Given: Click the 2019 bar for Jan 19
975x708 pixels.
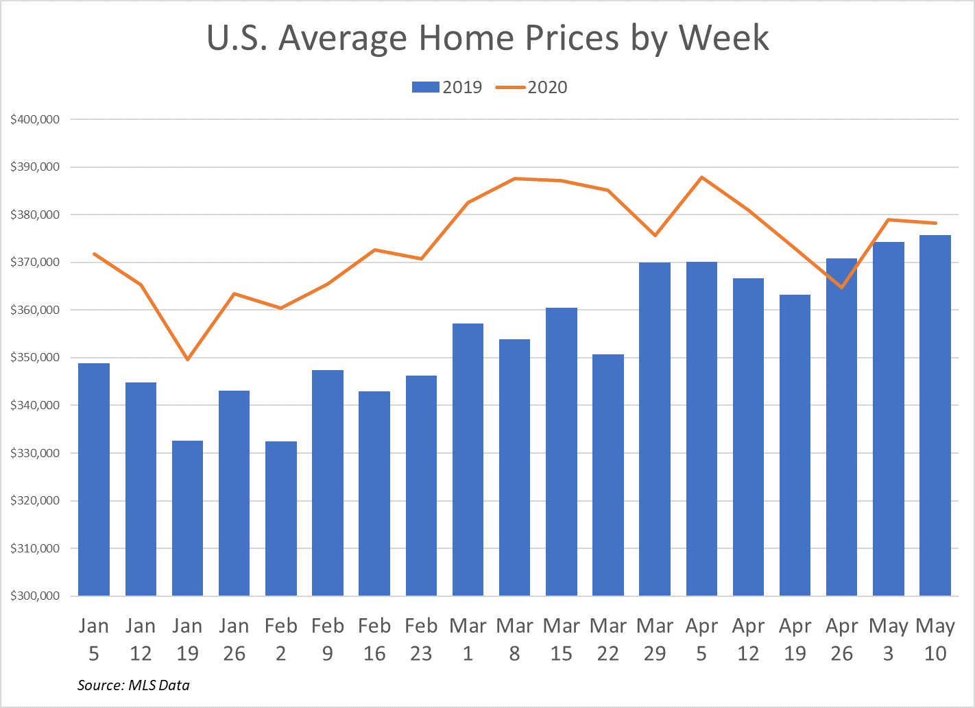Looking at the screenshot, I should tap(187, 518).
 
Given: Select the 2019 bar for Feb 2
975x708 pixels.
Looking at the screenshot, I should tap(281, 518).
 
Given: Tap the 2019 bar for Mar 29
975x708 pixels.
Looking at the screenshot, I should tap(655, 429).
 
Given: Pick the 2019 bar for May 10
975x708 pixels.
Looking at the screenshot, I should tap(935, 415).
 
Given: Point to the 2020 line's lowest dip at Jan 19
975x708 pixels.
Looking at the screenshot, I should tap(187, 359).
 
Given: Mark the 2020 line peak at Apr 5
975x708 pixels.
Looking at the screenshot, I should tap(702, 178).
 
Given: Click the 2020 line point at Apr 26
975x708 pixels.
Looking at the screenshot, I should tap(841, 287).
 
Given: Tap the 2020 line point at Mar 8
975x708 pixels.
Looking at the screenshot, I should tap(515, 179).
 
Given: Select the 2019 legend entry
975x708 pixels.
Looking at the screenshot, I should tap(447, 87).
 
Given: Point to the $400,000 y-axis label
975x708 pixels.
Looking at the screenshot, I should tap(35, 119).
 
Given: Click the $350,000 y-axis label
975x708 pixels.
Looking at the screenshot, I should tap(35, 358).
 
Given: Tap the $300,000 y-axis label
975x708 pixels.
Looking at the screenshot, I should tap(35, 596).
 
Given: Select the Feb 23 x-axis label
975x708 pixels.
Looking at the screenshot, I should tap(421, 639).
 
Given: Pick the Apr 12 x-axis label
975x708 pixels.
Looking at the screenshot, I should tap(748, 639).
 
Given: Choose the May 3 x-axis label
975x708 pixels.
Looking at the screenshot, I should tap(889, 639).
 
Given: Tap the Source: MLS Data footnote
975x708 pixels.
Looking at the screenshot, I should tap(134, 685).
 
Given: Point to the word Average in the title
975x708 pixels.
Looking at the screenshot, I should tap(342, 38).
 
